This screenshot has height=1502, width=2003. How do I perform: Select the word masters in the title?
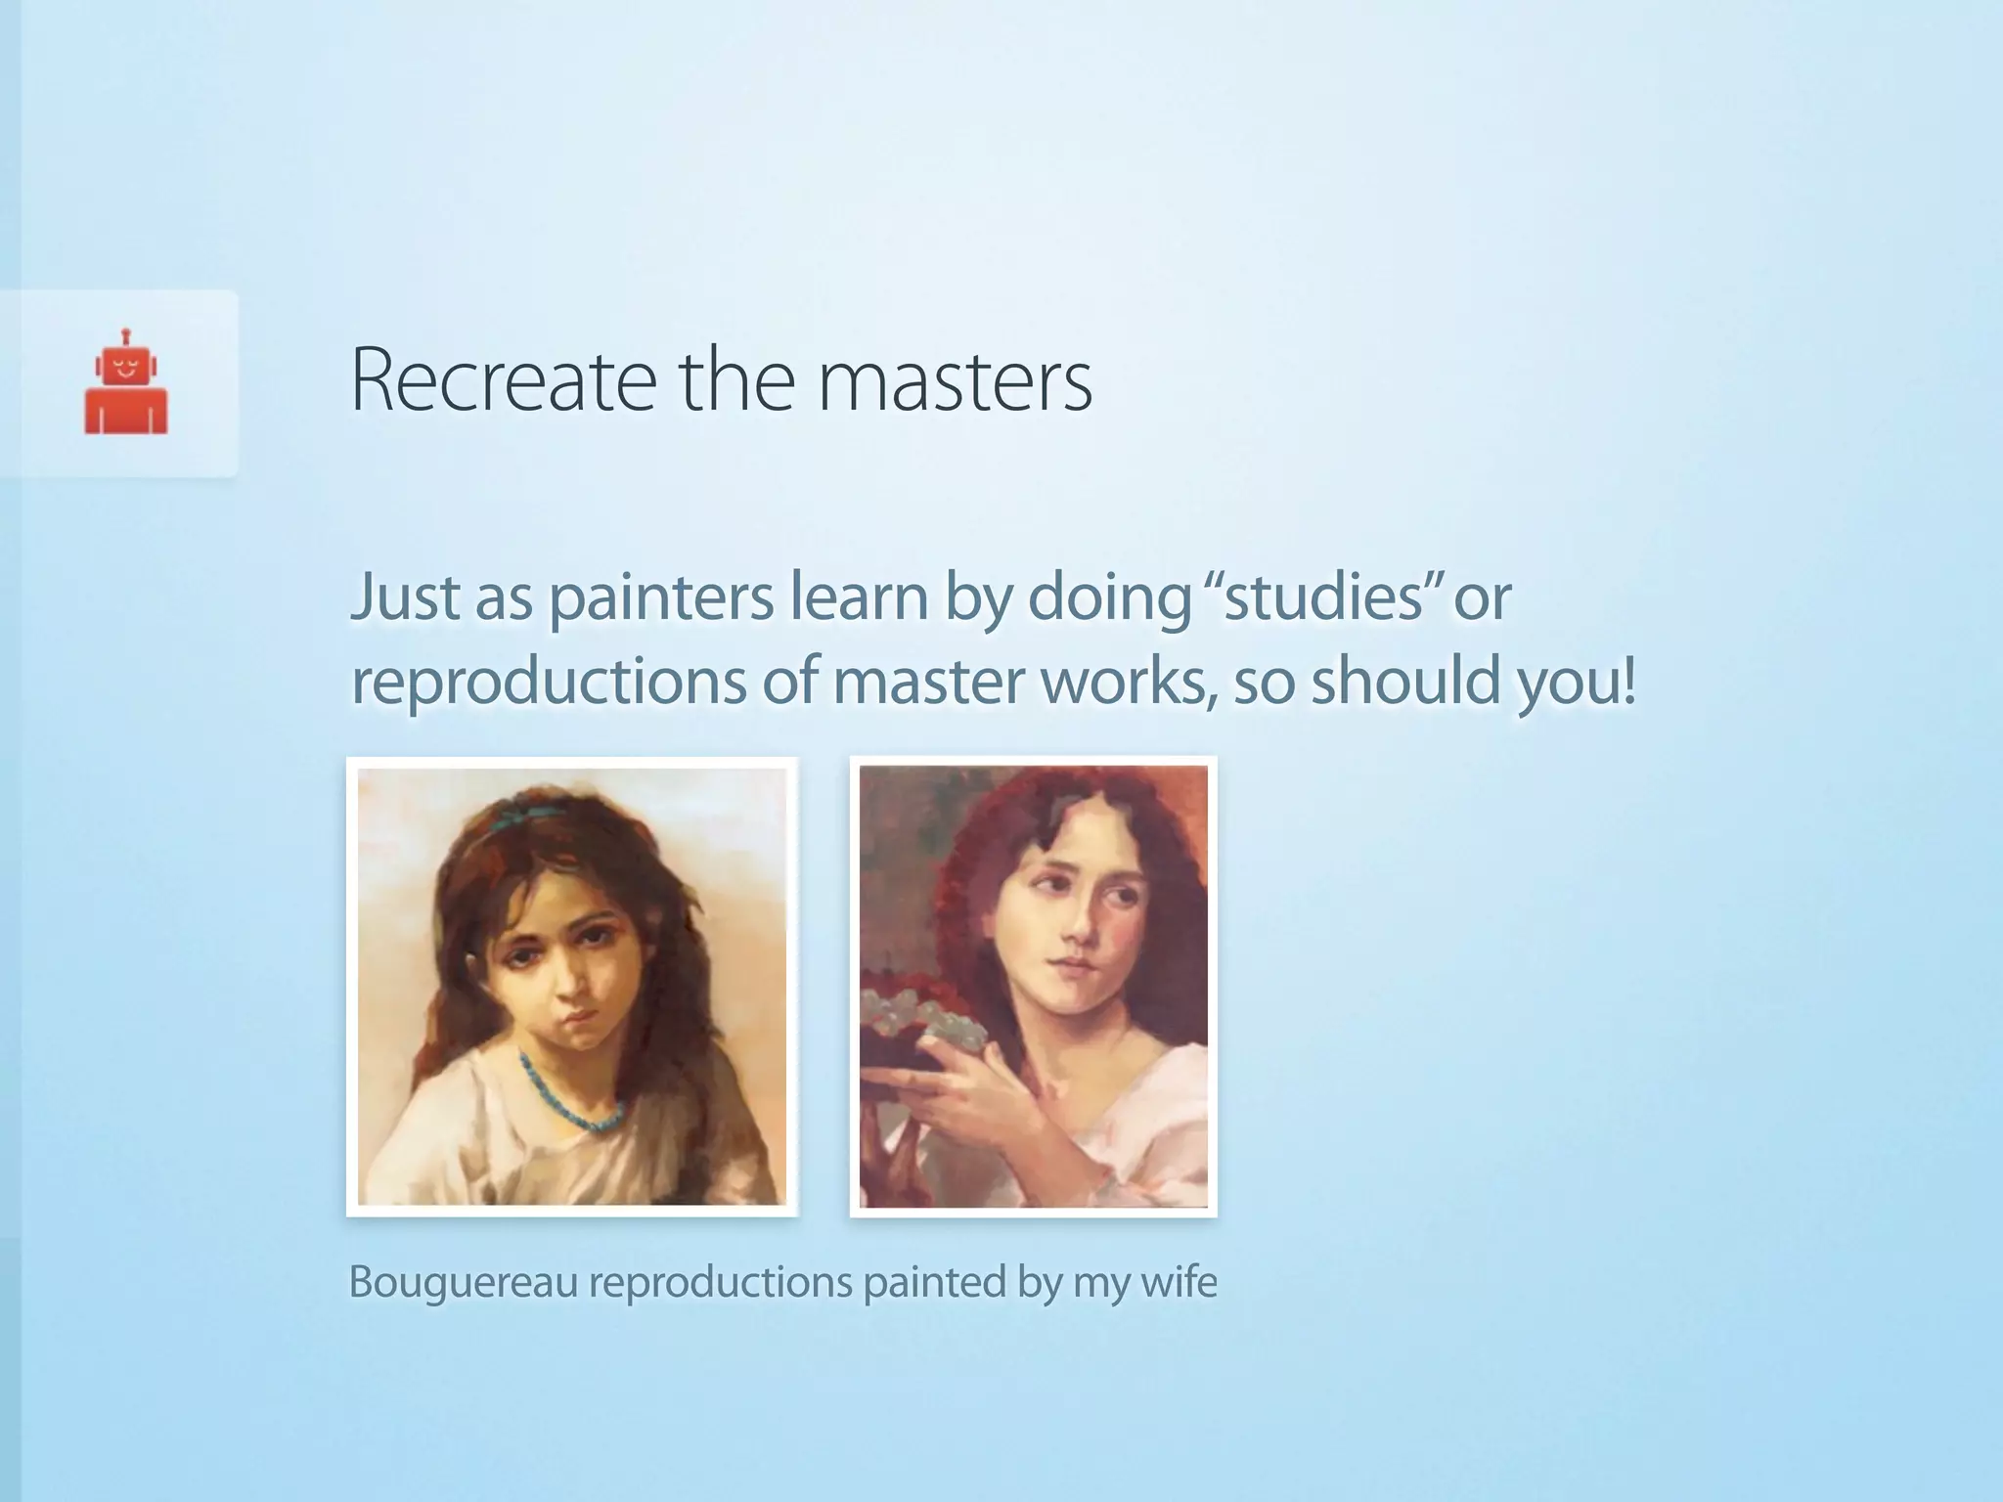(955, 380)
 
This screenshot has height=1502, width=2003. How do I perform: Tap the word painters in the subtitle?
(661, 597)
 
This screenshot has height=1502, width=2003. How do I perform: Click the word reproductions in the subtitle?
(549, 682)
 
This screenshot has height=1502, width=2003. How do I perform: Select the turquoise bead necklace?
(577, 1100)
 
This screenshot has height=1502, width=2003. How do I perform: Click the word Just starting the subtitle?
(405, 597)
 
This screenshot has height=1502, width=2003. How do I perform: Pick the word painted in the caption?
(934, 1282)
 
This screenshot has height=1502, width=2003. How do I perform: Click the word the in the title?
(737, 380)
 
